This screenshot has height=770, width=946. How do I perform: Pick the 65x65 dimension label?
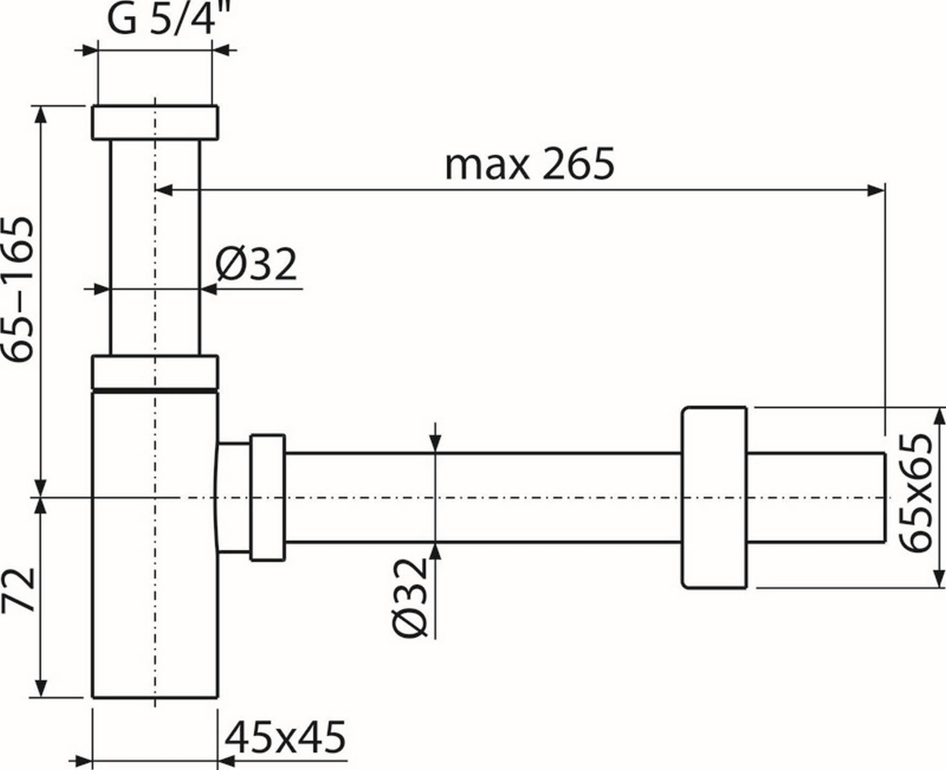pos(915,493)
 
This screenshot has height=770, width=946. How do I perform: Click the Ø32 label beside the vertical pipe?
pos(256,264)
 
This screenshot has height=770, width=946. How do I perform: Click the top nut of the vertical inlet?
pos(155,122)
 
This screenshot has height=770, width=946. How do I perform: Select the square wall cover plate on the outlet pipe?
pos(714,497)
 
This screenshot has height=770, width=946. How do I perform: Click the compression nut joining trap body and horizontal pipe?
pos(267,497)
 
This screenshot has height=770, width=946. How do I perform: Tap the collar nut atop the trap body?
pos(155,372)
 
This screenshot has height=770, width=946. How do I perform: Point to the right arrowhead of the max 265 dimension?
pos(876,189)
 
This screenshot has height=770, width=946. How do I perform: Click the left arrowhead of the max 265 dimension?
pos(165,189)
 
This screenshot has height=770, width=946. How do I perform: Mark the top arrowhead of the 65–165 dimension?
pos(42,114)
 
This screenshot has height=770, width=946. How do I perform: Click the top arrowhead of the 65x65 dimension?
pos(939,416)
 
